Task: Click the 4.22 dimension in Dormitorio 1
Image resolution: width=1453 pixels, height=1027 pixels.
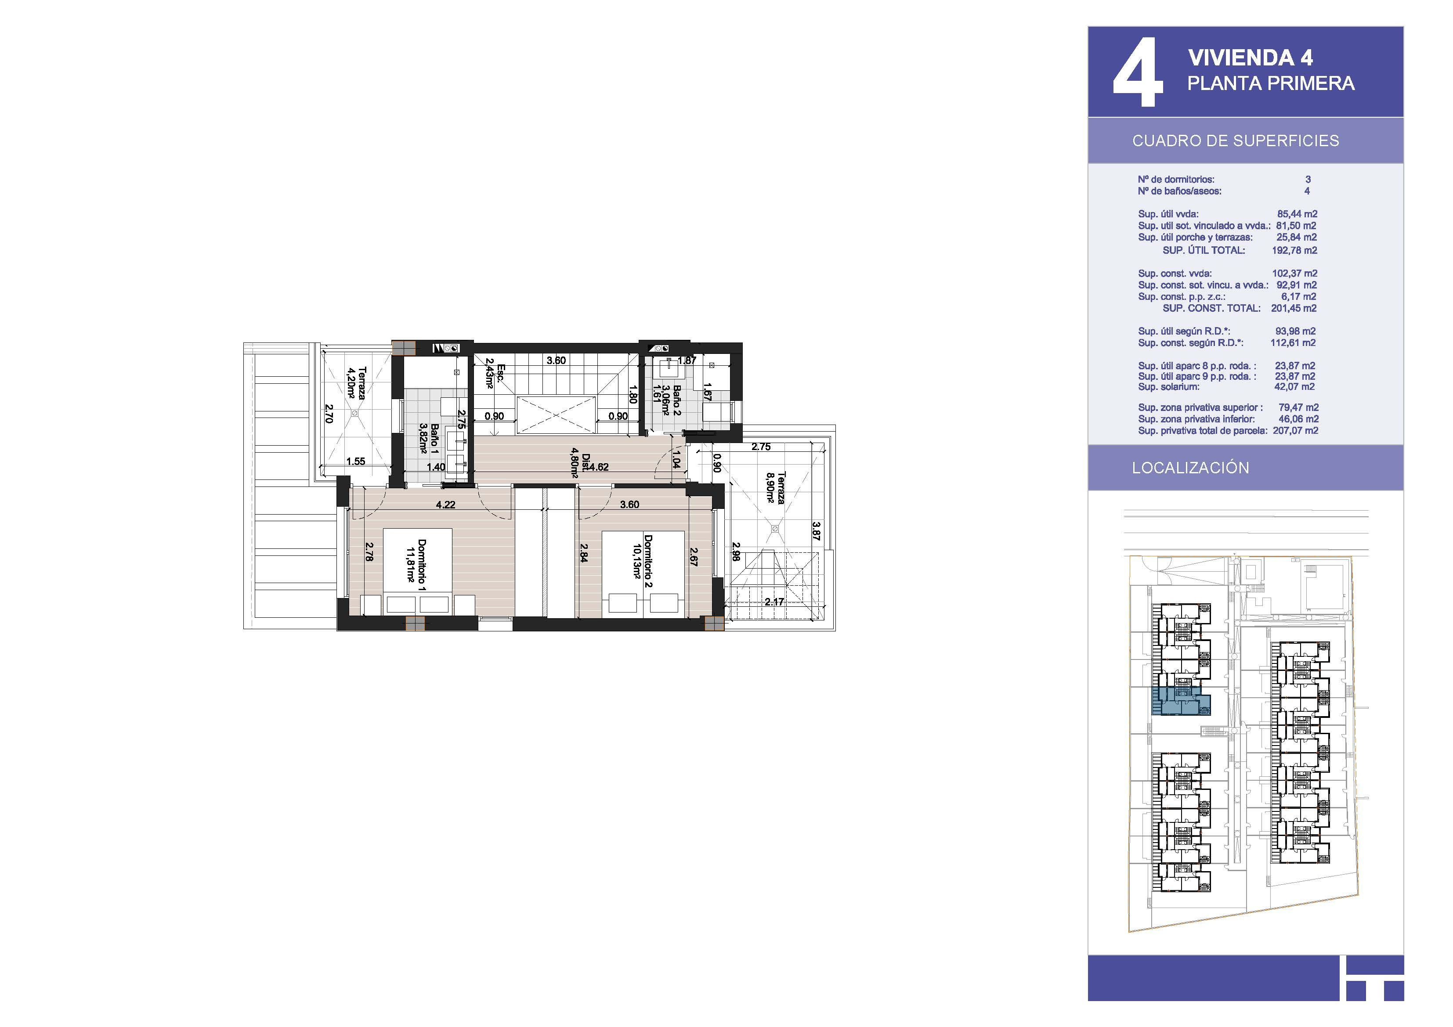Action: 445,504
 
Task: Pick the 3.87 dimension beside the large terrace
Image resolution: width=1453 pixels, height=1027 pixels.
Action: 817,531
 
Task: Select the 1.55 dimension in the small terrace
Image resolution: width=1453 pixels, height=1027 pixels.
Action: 356,461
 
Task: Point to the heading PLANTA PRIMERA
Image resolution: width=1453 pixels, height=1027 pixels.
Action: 1271,83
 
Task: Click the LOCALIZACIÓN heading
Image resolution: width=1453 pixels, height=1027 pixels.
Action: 1190,468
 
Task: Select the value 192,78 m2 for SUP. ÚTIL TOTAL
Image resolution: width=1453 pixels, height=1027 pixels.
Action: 1294,250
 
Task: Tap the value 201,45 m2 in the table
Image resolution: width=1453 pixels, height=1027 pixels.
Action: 1294,308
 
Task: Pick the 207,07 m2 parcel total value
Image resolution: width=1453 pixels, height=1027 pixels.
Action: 1295,430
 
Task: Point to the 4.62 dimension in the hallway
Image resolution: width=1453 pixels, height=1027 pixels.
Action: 598,467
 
